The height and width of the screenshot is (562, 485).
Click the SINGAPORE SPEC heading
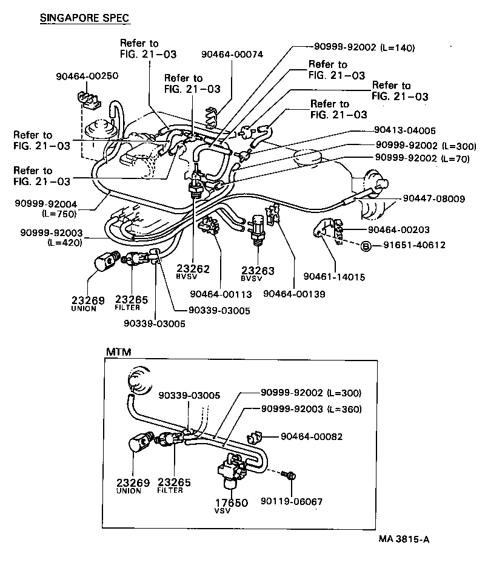pyautogui.click(x=84, y=18)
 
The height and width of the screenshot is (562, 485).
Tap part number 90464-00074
pyautogui.click(x=232, y=54)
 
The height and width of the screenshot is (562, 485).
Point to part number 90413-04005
pyautogui.click(x=402, y=130)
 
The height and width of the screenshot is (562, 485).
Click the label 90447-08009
pyautogui.click(x=433, y=198)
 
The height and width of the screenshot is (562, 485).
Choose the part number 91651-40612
pyautogui.click(x=414, y=245)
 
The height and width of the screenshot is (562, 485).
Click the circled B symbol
pyautogui.click(x=366, y=245)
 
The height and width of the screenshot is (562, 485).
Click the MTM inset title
pyautogui.click(x=118, y=351)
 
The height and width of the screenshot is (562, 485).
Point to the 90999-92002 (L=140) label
pyautogui.click(x=364, y=47)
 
